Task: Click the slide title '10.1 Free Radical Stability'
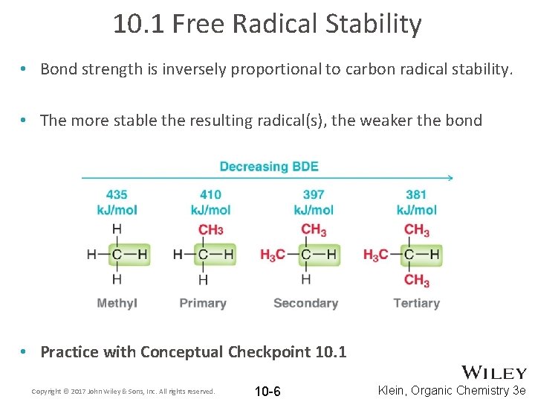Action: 267,24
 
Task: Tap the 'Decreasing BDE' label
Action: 269,166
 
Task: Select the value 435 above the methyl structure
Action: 117,195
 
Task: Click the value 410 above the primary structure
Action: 210,195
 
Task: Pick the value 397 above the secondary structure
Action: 314,195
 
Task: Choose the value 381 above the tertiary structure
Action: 416,195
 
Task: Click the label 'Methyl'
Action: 117,303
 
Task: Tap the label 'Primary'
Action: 203,303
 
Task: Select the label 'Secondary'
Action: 305,303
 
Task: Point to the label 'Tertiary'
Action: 416,303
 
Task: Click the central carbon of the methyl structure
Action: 117,255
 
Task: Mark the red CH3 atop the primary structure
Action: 210,229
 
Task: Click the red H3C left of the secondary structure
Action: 273,255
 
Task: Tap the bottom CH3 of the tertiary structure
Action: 416,281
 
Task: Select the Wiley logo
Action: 493,372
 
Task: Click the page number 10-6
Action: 267,392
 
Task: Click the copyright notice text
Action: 123,391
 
